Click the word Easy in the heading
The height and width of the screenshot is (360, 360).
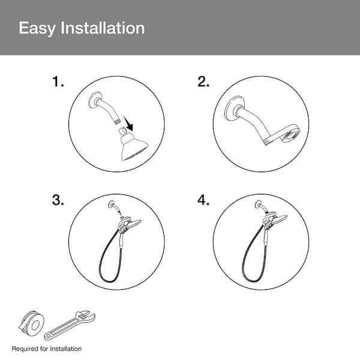pos(37,29)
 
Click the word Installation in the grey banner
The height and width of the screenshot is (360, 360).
pos(103,28)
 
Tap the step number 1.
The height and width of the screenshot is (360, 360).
pos(58,82)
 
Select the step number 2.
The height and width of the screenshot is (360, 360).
pos(203,82)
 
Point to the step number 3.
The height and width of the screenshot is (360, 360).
pos(58,200)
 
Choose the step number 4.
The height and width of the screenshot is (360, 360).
pos(203,200)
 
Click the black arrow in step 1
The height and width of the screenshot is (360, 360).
pos(128,124)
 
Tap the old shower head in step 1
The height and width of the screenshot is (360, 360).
pos(133,145)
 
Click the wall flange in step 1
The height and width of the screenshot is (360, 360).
pos(95,100)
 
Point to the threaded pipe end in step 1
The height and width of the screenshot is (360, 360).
pos(117,121)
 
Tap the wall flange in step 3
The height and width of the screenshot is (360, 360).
pos(112,204)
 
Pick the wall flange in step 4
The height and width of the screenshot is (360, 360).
pos(259,204)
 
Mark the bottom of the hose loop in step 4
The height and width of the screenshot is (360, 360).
pos(253,281)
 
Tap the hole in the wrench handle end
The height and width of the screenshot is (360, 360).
pos(48,337)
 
